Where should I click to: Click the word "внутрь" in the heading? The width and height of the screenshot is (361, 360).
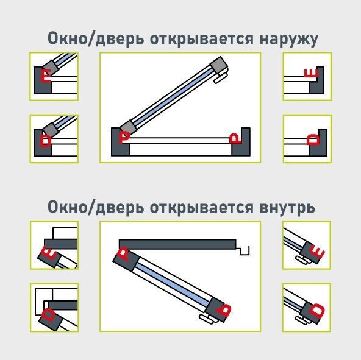(287, 208)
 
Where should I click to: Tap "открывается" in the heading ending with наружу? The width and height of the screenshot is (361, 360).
(202, 39)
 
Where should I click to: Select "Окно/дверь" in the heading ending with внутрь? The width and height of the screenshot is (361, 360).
(96, 207)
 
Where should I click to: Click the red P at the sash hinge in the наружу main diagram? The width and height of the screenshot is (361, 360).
(124, 137)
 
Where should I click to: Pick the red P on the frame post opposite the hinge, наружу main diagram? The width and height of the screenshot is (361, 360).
(235, 138)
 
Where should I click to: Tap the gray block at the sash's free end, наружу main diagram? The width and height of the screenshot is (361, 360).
(218, 65)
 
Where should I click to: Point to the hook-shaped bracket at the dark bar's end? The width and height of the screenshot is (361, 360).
(243, 250)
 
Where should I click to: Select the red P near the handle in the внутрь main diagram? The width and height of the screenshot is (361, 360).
(224, 310)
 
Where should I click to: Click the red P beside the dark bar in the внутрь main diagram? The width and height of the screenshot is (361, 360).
(124, 253)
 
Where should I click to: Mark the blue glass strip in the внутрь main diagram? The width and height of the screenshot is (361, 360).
(172, 282)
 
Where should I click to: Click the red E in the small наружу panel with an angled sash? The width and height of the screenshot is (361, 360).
(46, 76)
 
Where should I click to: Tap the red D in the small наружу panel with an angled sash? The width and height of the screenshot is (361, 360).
(45, 141)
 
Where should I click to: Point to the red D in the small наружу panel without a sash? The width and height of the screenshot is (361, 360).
(313, 139)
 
